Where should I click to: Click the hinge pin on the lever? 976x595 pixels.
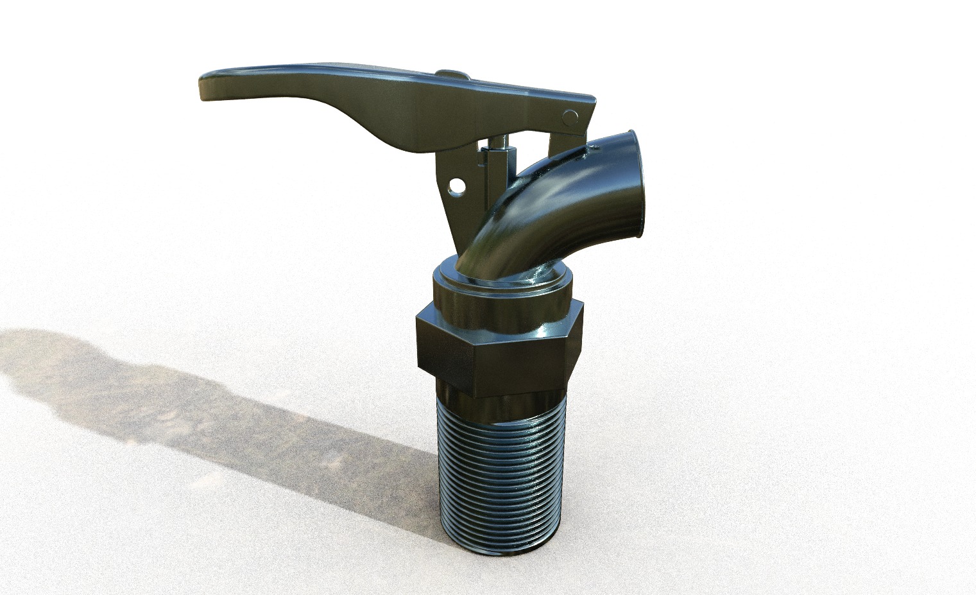pos(569,117)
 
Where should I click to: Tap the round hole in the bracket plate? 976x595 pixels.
pos(456,186)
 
